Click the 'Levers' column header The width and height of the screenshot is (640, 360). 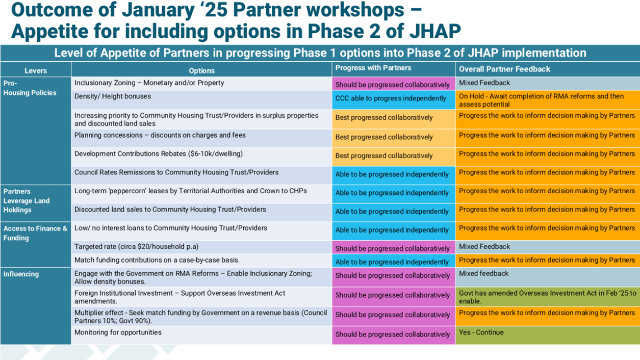[35, 70]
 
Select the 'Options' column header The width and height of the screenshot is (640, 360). [201, 70]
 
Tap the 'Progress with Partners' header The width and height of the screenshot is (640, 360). [373, 68]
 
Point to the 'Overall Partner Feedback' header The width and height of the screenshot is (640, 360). [504, 69]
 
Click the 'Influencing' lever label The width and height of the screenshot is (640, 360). [21, 274]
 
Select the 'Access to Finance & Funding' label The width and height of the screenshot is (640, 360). [35, 233]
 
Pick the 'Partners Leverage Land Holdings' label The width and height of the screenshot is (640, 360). [27, 200]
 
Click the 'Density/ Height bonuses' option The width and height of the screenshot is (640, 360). [113, 96]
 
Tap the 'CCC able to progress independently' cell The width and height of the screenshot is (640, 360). [393, 100]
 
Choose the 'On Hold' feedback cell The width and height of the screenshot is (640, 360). [547, 100]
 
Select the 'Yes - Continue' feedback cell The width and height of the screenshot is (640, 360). [547, 335]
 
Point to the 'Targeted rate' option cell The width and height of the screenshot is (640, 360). [201, 247]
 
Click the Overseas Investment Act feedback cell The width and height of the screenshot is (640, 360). [547, 297]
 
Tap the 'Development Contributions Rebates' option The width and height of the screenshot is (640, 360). [158, 153]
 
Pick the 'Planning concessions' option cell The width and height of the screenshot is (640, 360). [201, 139]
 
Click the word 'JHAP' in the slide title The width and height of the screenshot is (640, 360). [435, 31]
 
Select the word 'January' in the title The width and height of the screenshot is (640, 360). [158, 10]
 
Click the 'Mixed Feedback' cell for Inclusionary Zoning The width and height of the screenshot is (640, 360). [547, 84]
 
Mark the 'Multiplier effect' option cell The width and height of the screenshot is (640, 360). [201, 317]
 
